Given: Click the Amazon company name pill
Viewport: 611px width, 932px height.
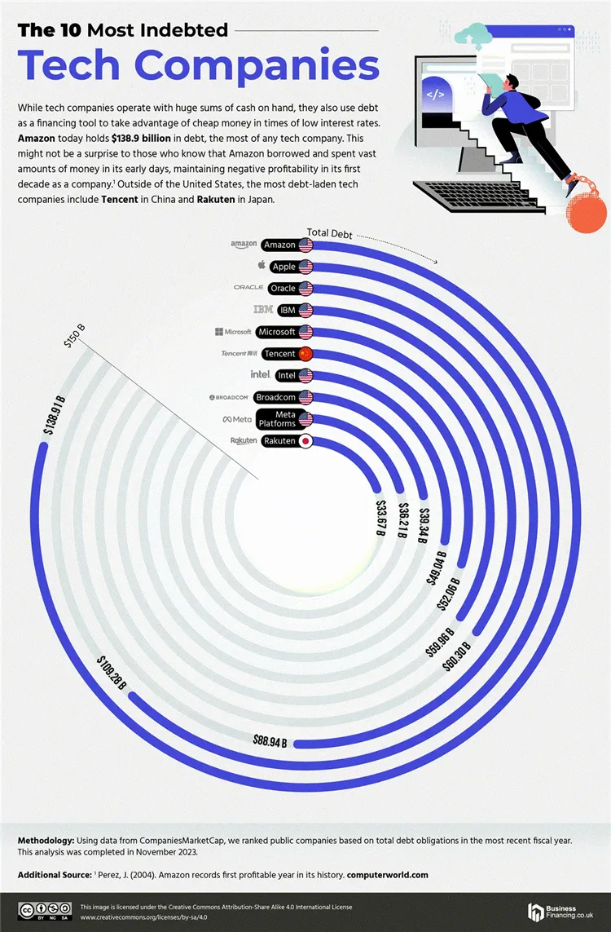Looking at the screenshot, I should pos(280,245).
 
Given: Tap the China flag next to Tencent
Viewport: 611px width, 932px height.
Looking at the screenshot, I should pos(305,354).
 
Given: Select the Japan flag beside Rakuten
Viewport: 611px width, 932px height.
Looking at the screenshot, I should pos(305,441).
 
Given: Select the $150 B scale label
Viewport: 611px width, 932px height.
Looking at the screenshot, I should pos(74,335).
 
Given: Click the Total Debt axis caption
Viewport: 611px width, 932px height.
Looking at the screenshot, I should pos(330,233).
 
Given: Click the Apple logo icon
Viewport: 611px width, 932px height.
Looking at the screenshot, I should pos(262,266).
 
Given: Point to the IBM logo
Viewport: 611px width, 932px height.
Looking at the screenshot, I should pos(262,310).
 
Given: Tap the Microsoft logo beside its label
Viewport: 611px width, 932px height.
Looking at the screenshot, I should pos(233,332).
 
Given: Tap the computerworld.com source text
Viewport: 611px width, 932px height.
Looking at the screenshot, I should pos(387,875).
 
